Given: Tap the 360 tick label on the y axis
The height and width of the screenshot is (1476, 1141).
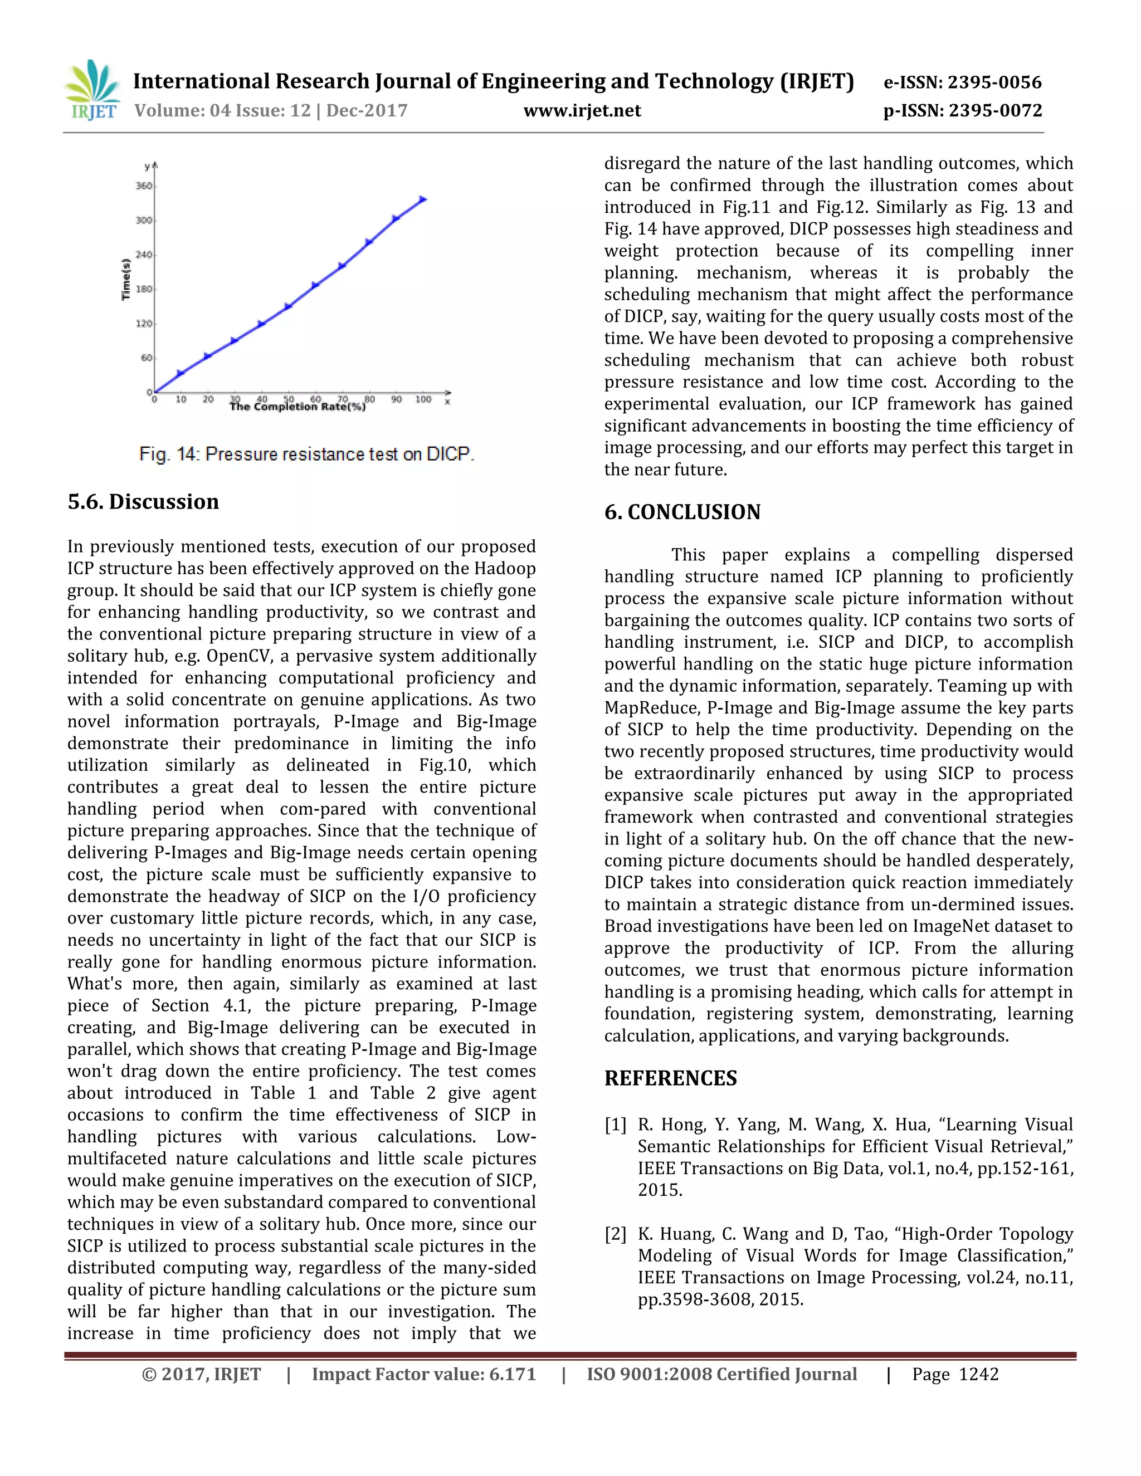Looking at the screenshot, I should click(143, 186).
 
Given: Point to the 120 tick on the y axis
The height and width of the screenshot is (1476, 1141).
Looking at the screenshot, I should click(143, 324).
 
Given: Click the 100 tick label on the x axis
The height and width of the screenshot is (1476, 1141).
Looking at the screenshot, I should click(423, 399).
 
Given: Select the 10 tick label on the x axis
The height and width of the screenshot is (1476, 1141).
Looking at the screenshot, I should click(181, 399).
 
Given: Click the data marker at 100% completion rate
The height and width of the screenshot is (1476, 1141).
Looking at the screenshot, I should click(423, 199).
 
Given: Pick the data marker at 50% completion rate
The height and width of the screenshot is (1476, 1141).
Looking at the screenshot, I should click(288, 306).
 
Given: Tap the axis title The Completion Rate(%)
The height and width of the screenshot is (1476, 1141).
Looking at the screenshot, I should click(298, 407).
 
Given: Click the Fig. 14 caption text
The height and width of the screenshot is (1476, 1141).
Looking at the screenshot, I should click(306, 454).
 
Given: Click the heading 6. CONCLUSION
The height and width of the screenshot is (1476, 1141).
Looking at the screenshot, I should click(682, 512).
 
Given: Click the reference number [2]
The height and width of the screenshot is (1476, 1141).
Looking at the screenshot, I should click(615, 1234).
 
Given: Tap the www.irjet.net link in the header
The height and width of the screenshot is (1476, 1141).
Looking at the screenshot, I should click(582, 111).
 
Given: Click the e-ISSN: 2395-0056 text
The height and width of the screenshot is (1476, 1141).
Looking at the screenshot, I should click(963, 82).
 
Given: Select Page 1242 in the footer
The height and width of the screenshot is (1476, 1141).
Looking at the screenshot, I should click(954, 1375).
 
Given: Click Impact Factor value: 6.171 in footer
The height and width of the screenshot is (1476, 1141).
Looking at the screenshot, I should click(423, 1375).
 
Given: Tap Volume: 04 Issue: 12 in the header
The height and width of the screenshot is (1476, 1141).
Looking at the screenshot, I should click(222, 111).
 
